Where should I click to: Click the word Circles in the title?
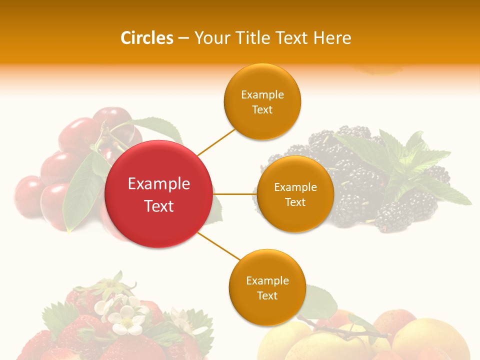pos(147,38)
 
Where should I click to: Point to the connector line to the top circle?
pos(216,141)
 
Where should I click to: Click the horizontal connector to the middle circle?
pos(235,194)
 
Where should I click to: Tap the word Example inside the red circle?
pos(159,184)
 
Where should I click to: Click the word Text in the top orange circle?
pos(262,110)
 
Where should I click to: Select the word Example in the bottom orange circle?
pos(267,280)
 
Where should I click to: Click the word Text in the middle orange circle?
pos(295,202)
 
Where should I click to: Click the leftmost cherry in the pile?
pos(27,195)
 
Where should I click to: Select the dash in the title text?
pos(183,38)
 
